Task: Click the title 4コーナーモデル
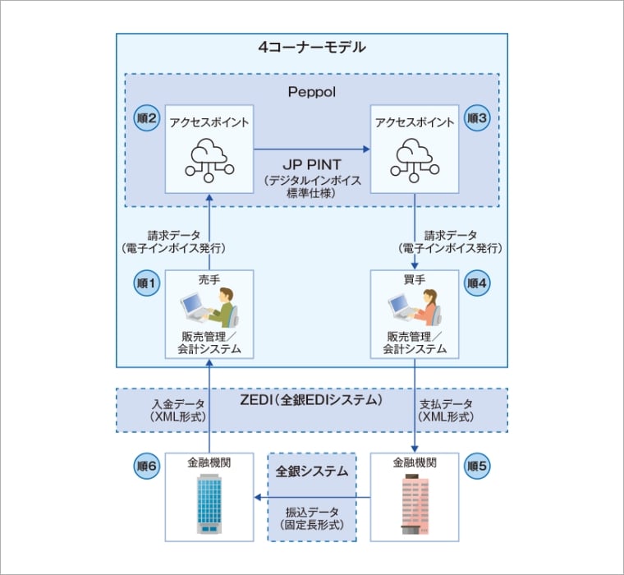(311, 48)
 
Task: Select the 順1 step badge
(147, 283)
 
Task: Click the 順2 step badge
(147, 119)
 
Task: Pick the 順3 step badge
(477, 119)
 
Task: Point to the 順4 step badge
(477, 283)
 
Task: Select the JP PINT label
(311, 163)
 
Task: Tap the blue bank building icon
(209, 506)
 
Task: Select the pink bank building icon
(415, 506)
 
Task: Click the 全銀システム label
(311, 472)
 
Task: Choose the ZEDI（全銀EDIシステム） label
(311, 401)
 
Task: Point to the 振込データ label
(311, 512)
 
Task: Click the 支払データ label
(447, 404)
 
